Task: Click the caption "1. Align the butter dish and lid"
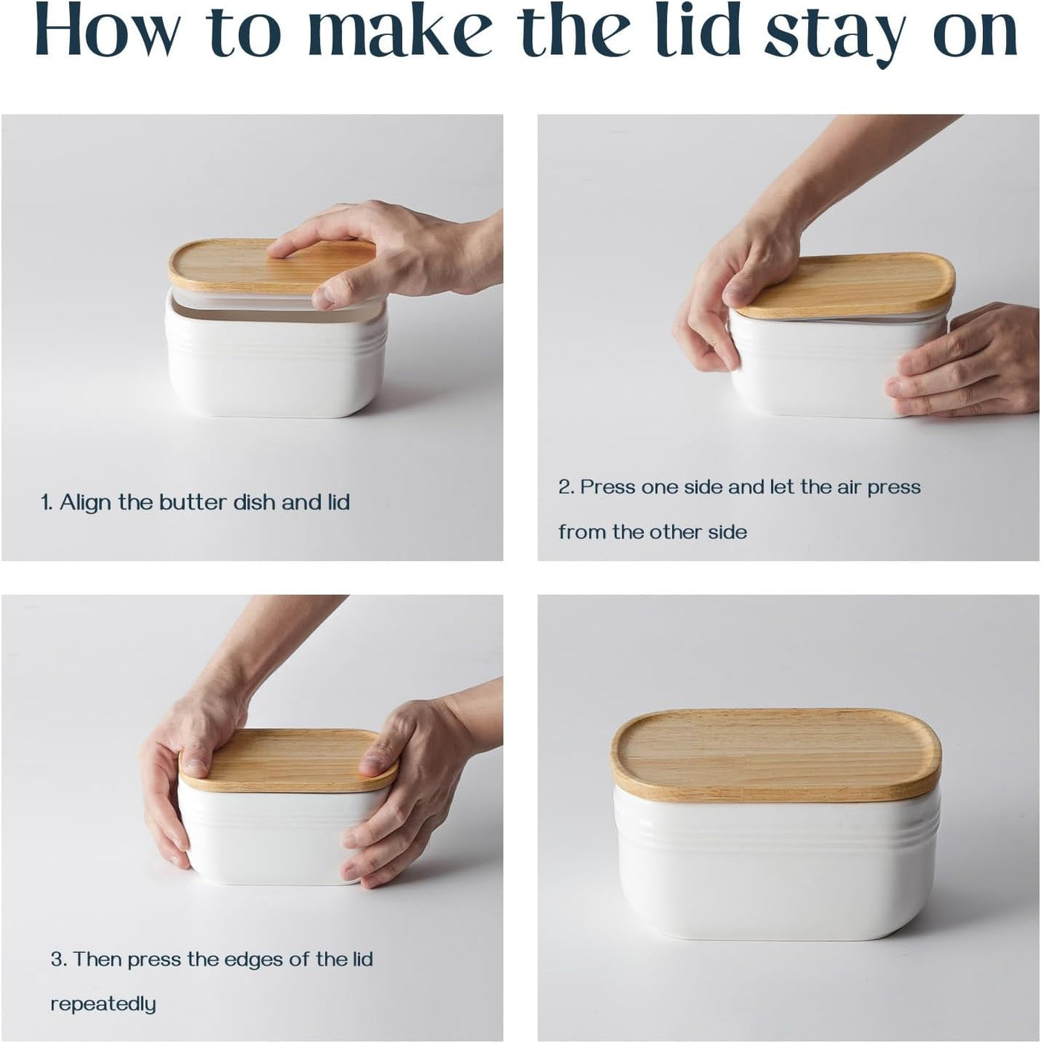coord(195,502)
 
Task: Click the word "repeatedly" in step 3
coord(103,1004)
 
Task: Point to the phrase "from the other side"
coord(652,532)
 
